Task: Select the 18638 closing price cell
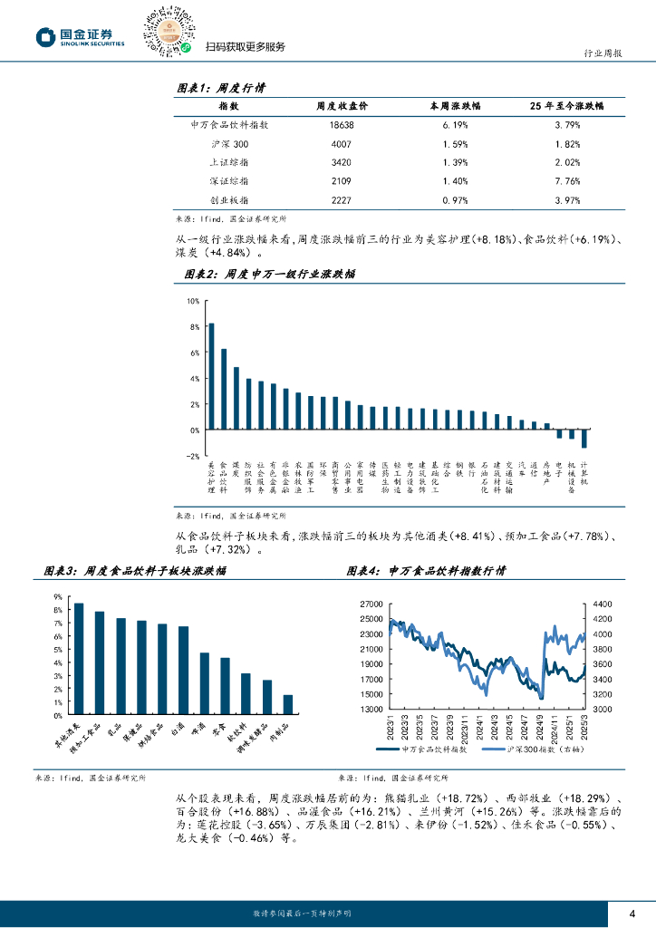point(342,125)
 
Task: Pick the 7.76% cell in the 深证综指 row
point(566,180)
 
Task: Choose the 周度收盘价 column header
point(342,106)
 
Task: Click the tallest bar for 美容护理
point(211,376)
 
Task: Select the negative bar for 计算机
point(584,439)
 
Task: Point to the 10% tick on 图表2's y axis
point(192,301)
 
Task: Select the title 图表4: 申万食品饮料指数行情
point(426,572)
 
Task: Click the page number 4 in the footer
point(632,912)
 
